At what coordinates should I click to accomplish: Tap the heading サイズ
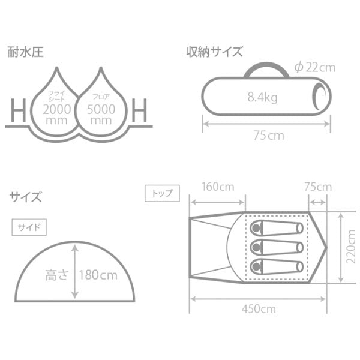25,196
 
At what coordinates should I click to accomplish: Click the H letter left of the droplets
17,110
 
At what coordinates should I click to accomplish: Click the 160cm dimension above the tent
218,187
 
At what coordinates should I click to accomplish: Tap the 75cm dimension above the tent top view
317,187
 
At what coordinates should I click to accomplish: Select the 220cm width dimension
352,247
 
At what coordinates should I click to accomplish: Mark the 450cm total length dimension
259,310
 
